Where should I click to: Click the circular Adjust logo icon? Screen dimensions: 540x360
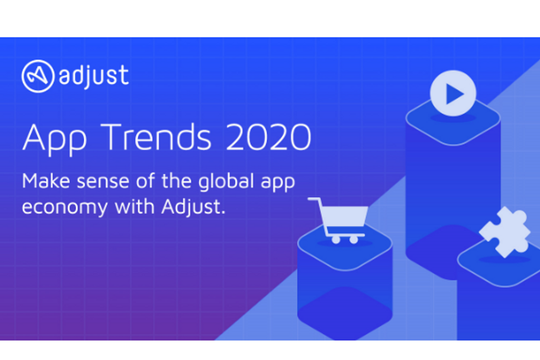[38, 76]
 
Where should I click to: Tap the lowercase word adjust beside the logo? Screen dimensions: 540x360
[93, 75]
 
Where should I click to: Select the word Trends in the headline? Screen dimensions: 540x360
[155, 137]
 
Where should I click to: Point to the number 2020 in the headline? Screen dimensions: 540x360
[268, 137]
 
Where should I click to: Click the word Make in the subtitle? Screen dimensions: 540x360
[46, 181]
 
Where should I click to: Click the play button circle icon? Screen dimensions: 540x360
[453, 93]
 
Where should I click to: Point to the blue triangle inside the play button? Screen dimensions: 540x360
[454, 93]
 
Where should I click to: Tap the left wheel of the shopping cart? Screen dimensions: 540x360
[336, 239]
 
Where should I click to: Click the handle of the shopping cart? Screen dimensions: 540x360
[314, 199]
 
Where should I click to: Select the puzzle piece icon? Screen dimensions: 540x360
[505, 232]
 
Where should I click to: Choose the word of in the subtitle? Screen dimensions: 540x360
[145, 181]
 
